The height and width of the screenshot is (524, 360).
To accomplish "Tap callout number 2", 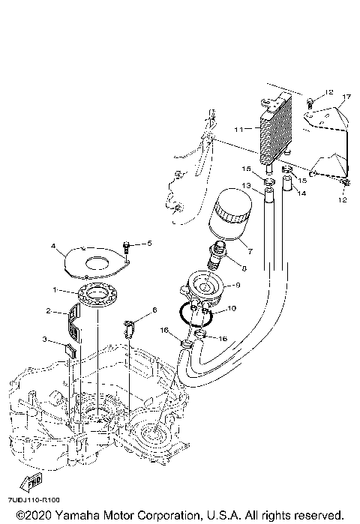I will [x=48, y=310].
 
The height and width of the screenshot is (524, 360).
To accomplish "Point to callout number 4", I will [x=53, y=246].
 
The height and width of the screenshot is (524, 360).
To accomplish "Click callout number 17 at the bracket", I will [x=347, y=97].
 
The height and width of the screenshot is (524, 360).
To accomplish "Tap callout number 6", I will [x=154, y=309].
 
